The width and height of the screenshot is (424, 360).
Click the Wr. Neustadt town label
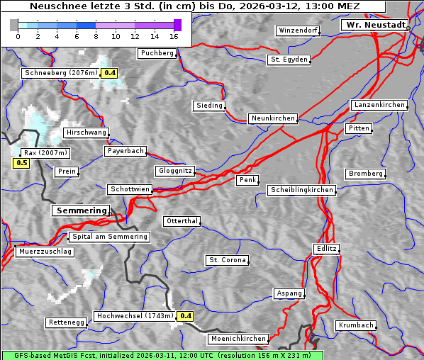[x=375, y=25]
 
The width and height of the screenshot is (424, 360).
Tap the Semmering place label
[x=81, y=210]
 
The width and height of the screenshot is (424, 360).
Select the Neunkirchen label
[x=273, y=118]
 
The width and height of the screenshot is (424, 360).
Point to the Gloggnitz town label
[x=174, y=171]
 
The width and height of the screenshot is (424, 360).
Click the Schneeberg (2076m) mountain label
[x=60, y=73]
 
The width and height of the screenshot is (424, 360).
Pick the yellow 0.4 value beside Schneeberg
[x=110, y=73]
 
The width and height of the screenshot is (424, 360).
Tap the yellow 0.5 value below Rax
[x=21, y=163]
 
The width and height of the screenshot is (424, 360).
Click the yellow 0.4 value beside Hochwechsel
[x=185, y=316]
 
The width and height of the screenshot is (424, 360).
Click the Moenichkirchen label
[x=238, y=339]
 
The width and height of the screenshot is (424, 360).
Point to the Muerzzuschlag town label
[x=45, y=252]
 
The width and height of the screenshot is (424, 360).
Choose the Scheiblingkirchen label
[x=301, y=190]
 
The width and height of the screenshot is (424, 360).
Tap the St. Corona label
[x=228, y=260]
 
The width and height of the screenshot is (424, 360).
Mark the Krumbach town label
[x=355, y=325]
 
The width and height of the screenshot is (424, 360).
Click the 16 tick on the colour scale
[x=174, y=36]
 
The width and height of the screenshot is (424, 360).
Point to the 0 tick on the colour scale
[x=18, y=36]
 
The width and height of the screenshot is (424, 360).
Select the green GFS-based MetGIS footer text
[x=162, y=355]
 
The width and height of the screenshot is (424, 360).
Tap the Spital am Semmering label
[x=109, y=237]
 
